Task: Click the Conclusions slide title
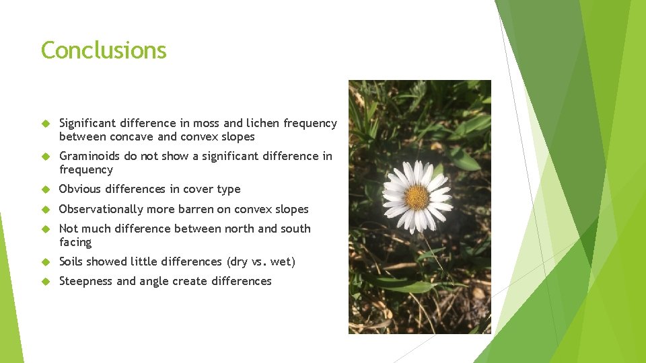104,50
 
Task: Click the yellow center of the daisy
417,197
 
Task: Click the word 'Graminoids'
89,156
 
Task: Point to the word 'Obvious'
79,189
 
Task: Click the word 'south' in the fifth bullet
295,229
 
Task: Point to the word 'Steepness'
85,281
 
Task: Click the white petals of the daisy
436,183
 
